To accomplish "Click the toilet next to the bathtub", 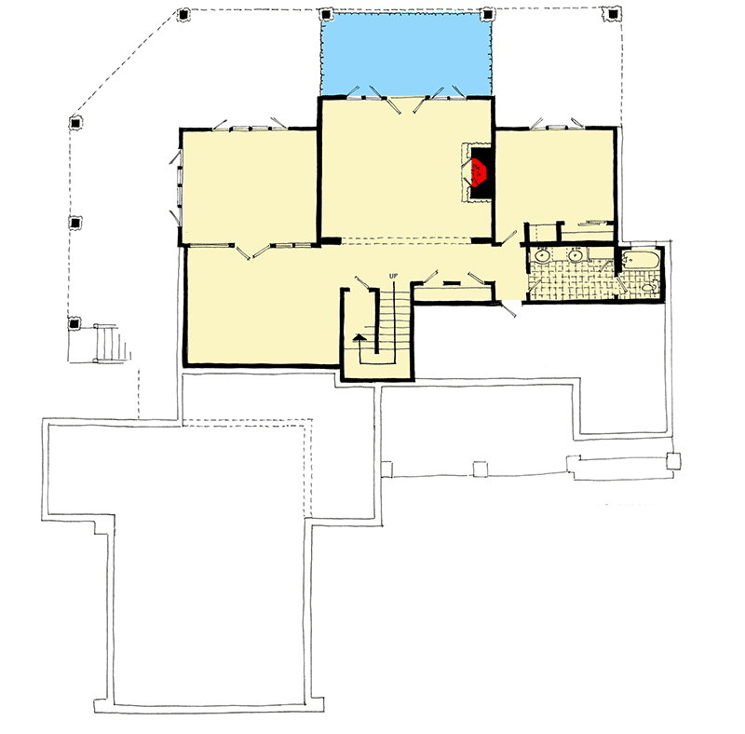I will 647,289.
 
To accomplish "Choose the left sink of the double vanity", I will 542,254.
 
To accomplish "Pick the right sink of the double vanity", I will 576,254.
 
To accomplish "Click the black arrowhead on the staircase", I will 358,338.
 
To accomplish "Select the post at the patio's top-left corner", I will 325,15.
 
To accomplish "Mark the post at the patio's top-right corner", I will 486,15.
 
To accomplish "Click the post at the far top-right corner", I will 612,15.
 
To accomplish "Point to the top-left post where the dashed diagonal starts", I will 182,15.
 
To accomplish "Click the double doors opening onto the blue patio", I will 406,102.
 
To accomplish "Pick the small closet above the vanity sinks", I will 542,232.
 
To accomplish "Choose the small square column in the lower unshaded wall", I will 481,469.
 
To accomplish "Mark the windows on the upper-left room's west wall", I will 176,186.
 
